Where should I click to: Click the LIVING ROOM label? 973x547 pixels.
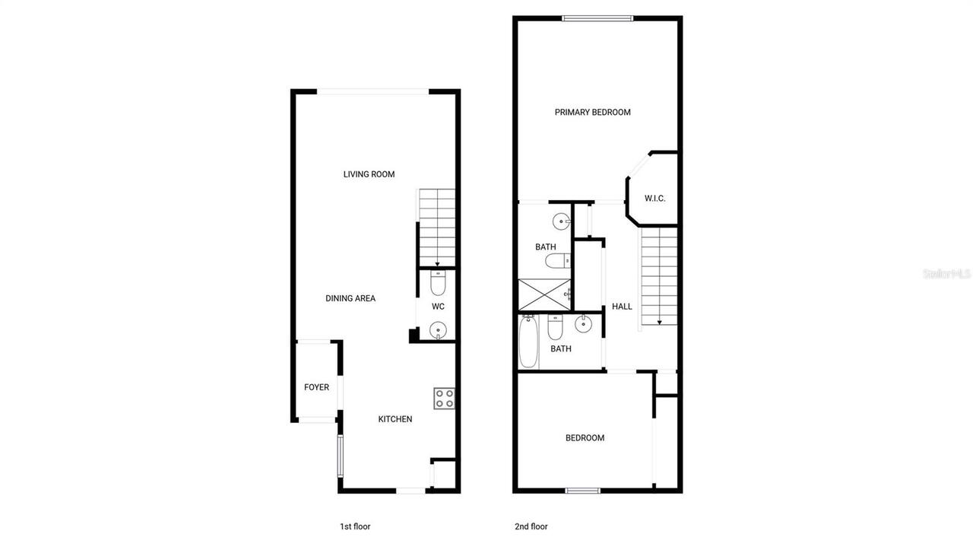369,174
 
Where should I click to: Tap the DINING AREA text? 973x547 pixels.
350,298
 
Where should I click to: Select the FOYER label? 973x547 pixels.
316,387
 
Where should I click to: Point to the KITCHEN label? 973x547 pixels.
395,419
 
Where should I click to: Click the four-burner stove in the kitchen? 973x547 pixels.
444,399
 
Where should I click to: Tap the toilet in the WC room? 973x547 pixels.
438,283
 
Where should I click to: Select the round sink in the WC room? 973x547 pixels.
438,330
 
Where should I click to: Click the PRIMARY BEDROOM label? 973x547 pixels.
592,112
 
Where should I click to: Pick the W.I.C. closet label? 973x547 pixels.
654,199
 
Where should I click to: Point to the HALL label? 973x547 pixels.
622,307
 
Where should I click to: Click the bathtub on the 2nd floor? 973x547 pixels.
529,343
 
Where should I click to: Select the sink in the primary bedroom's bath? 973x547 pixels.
561,222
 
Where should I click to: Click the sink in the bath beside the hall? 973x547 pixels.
583,325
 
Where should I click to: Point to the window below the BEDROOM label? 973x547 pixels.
583,491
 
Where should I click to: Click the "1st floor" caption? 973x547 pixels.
355,526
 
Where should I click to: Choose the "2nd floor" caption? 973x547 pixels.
531,526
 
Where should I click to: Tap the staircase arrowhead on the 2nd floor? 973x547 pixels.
659,322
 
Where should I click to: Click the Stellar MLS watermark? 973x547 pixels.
946,273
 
